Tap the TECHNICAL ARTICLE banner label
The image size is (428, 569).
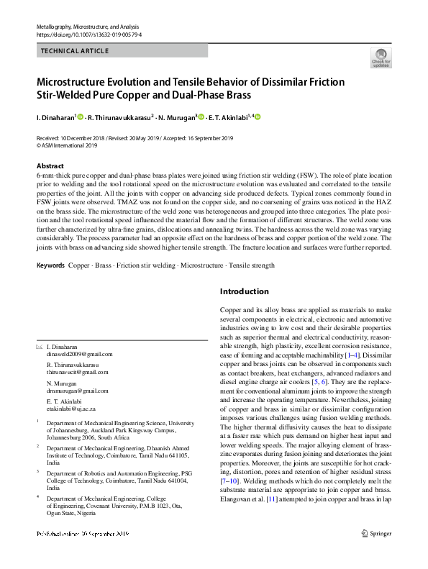click(75, 51)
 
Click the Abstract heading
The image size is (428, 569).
click(50, 165)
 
